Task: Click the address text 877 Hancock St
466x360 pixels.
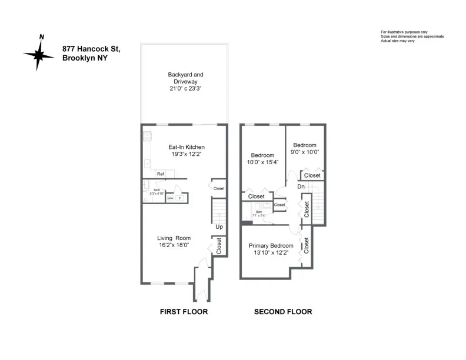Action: coord(91,50)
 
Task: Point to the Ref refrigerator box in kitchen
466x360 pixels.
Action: coord(160,174)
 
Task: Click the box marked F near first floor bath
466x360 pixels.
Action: coord(180,198)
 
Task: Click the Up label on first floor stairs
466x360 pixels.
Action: coord(219,226)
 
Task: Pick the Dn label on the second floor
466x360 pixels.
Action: coord(301,186)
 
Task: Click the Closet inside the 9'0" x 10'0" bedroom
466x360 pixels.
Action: coord(312,175)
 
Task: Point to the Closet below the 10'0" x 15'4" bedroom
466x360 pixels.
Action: coord(257,196)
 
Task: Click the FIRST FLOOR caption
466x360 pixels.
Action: coord(184,312)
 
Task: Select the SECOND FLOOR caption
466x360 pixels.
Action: coord(282,312)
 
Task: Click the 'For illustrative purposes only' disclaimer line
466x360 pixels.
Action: coord(404,32)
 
